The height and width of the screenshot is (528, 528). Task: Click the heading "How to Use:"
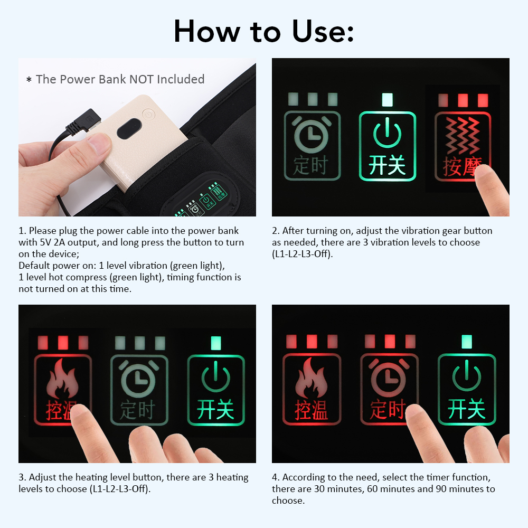[263, 31]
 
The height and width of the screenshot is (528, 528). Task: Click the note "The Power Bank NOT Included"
[116, 79]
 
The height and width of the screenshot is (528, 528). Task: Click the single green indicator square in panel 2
[387, 99]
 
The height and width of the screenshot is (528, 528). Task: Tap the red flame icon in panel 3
[62, 379]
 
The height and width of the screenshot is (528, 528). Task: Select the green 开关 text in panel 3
[215, 410]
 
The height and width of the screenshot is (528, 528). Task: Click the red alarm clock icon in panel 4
[389, 376]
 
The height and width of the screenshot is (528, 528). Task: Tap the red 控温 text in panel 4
[311, 410]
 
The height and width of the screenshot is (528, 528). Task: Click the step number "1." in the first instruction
[22, 231]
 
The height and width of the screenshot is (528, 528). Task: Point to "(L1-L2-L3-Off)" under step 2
[304, 254]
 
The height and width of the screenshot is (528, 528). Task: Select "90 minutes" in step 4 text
[455, 489]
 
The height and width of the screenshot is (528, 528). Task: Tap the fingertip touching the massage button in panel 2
[488, 183]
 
